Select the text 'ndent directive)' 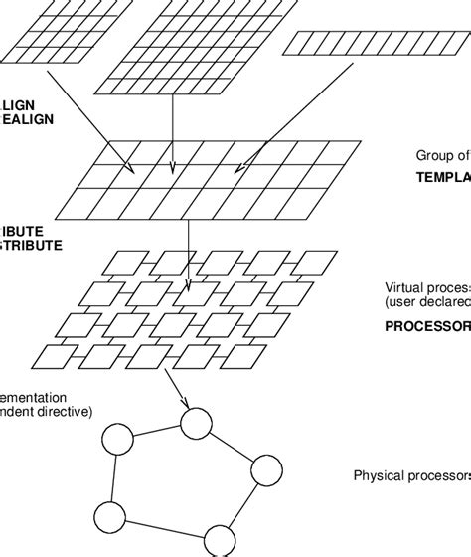(46, 409)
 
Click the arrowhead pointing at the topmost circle (186, 407)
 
